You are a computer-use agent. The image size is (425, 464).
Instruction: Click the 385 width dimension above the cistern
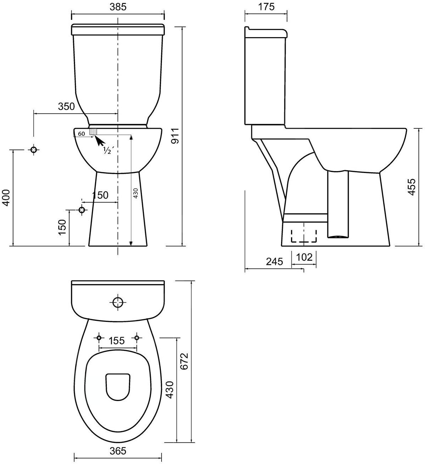118,7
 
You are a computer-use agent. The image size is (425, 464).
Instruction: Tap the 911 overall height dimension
175,136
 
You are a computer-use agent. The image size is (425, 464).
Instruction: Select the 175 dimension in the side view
266,7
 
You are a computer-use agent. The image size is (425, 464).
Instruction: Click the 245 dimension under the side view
274,262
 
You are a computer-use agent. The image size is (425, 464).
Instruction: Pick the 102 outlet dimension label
304,257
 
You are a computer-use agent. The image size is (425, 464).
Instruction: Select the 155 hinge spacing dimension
117,341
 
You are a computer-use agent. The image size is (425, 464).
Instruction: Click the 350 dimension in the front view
66,106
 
